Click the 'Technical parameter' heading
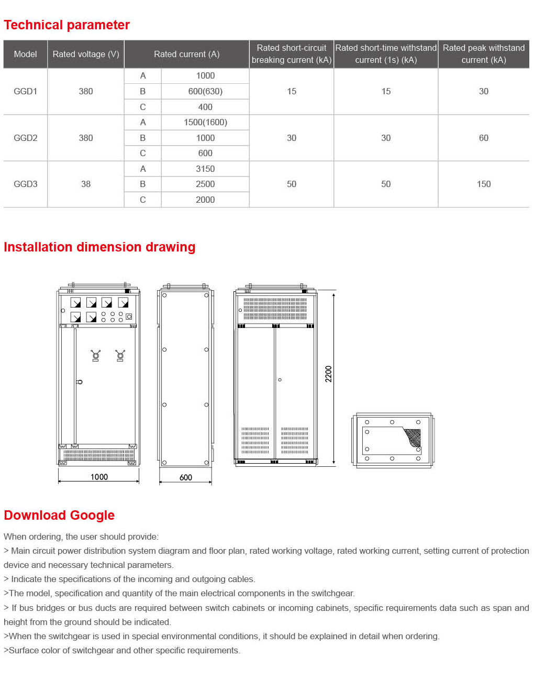[x=66, y=25]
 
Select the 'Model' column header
[x=25, y=54]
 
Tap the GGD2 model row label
[x=25, y=138]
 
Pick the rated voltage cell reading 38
[x=85, y=184]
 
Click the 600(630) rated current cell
[x=205, y=91]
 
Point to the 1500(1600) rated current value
[x=205, y=122]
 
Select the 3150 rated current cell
[x=205, y=169]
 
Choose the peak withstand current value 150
[x=483, y=184]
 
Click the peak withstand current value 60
[x=483, y=138]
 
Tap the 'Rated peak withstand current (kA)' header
[x=483, y=54]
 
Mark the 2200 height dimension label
[x=329, y=374]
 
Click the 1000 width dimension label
[x=99, y=477]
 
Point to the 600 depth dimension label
[x=186, y=477]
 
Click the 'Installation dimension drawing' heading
[x=99, y=247]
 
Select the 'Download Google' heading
[x=59, y=516]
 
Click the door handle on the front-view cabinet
[x=79, y=382]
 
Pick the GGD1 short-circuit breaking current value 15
[x=292, y=91]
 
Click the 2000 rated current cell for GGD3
[x=205, y=200]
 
